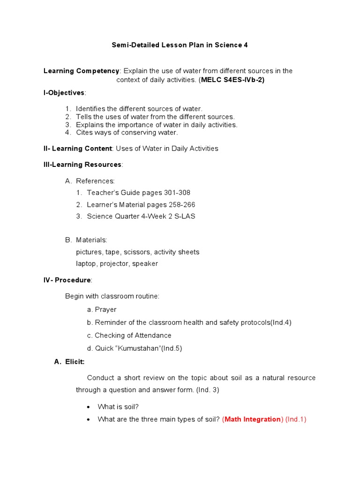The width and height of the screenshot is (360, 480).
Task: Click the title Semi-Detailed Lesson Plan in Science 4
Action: point(180,45)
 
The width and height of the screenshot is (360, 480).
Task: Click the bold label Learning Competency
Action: point(82,71)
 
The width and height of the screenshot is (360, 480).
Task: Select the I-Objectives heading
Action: point(64,93)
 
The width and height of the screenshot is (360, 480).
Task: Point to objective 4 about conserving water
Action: point(127,132)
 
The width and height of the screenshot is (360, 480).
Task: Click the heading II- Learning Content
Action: point(77,149)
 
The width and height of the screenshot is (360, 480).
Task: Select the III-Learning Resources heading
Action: point(82,165)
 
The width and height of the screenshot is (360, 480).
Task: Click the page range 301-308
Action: point(177,193)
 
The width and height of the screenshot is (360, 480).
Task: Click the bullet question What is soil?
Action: point(118,406)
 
